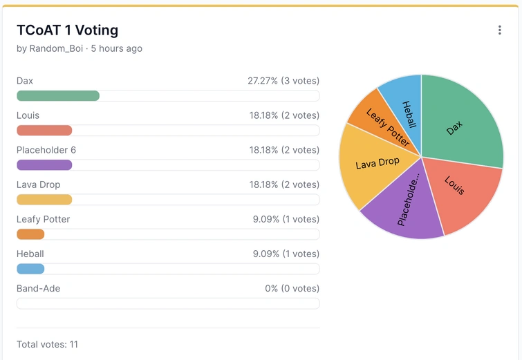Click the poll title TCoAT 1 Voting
click(x=67, y=30)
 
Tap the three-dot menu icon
click(x=499, y=30)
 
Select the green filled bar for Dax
click(x=58, y=96)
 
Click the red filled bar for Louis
click(x=44, y=131)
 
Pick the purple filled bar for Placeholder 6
click(x=44, y=165)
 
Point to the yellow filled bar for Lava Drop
click(x=44, y=200)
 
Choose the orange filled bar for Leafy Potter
click(x=30, y=234)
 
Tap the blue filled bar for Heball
click(x=30, y=269)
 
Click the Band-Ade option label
click(x=38, y=288)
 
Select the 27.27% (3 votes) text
click(x=283, y=81)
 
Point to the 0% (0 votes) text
click(x=292, y=288)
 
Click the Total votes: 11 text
click(x=47, y=344)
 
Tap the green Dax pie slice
click(x=460, y=124)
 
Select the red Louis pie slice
click(x=460, y=190)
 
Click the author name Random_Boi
click(x=55, y=49)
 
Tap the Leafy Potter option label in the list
click(x=43, y=219)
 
